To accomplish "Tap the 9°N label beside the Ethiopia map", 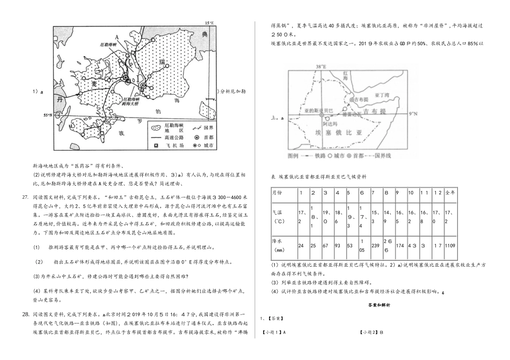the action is (413, 114).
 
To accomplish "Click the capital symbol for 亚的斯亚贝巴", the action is (322, 115).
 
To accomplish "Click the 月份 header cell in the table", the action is (279, 192).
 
